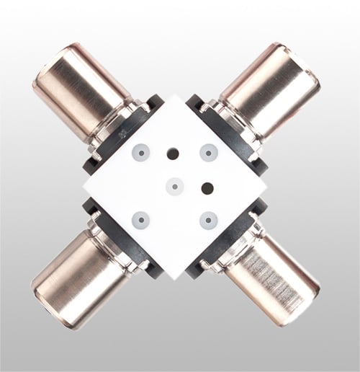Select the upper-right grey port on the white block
tap(209, 152)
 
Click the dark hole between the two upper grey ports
tap(174, 153)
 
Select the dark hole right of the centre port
tap(208, 187)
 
